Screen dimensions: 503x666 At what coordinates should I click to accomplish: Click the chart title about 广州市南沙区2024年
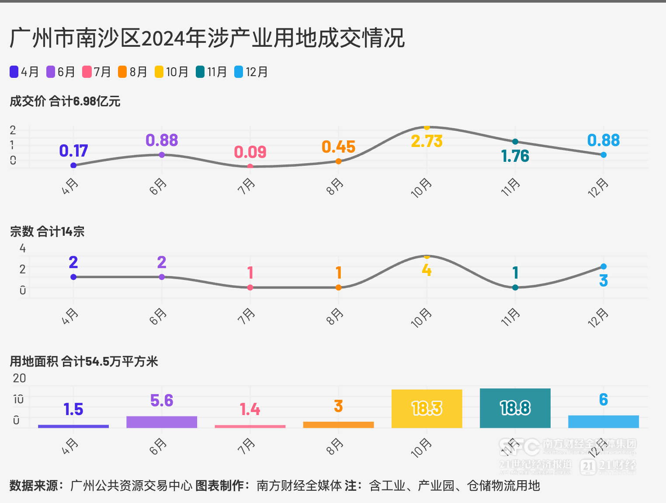click(207, 38)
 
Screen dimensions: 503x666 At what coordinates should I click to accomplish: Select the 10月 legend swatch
click(159, 72)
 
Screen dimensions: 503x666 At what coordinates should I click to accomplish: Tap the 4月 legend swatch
click(14, 72)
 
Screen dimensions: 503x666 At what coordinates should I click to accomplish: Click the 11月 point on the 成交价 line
click(515, 141)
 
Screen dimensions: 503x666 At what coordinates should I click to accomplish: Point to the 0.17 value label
click(73, 151)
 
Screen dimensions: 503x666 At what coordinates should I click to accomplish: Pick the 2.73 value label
click(427, 141)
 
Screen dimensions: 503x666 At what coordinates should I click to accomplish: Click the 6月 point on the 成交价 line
click(162, 155)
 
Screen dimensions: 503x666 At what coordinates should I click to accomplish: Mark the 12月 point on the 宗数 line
click(604, 266)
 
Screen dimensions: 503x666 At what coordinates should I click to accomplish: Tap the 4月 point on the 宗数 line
click(73, 277)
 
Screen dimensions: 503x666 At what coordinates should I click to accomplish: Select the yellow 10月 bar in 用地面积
click(427, 409)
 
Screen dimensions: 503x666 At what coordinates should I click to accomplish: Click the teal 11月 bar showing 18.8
click(515, 408)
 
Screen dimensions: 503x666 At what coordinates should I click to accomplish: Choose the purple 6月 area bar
click(162, 422)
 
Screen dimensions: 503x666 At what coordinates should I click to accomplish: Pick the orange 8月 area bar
click(338, 425)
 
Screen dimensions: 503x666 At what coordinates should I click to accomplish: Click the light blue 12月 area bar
click(604, 422)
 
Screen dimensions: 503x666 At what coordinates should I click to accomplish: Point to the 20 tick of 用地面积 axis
click(20, 378)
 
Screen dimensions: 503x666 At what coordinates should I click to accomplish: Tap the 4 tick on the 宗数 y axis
click(23, 248)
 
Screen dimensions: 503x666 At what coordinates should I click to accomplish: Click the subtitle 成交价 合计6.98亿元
click(65, 101)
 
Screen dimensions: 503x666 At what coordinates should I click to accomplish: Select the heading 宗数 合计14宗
click(47, 231)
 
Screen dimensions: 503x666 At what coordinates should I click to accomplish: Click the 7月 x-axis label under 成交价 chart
click(246, 186)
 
